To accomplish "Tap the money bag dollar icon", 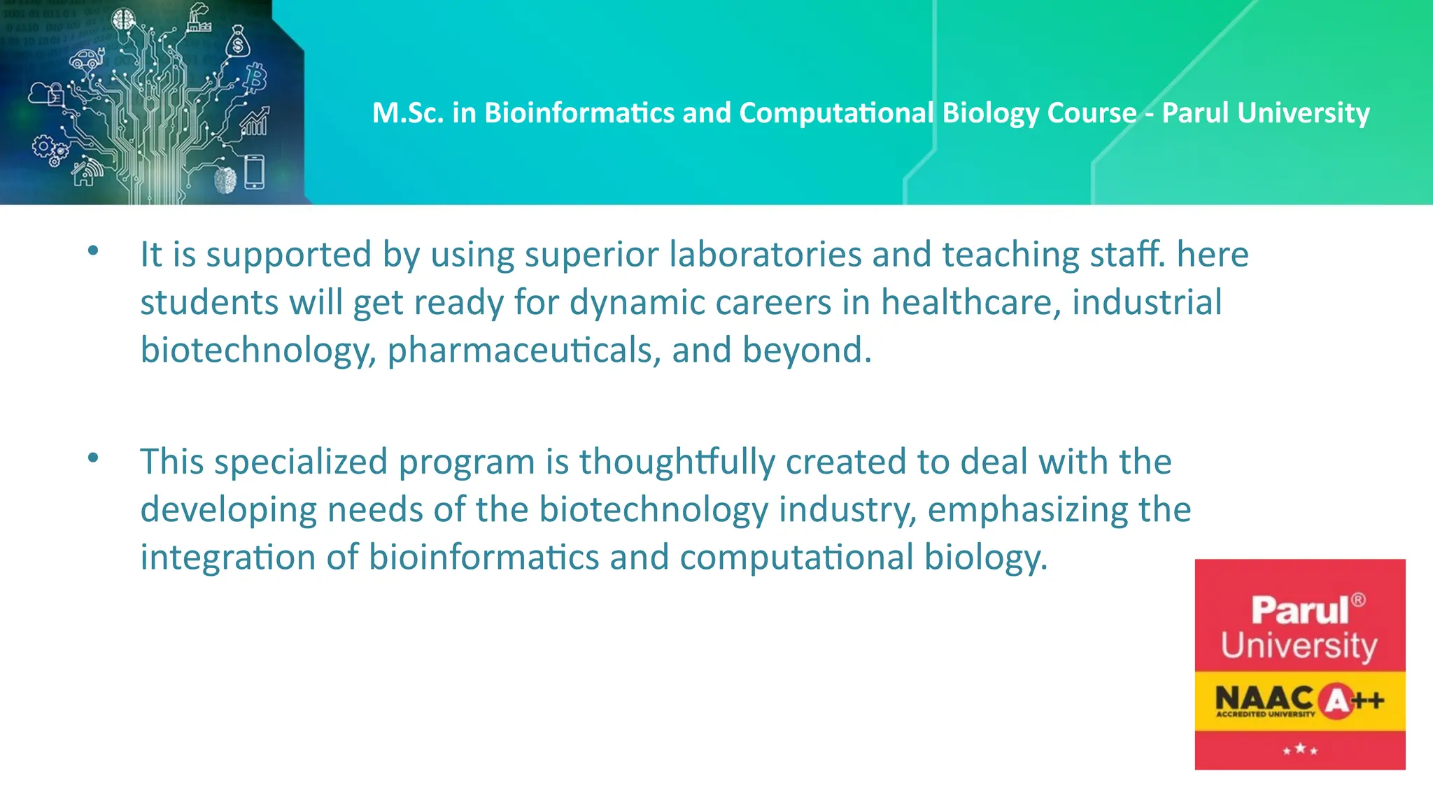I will pyautogui.click(x=238, y=43).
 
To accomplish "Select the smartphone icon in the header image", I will pyautogui.click(x=254, y=172).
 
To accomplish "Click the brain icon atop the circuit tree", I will pyautogui.click(x=125, y=20).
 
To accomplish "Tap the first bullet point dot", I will pyautogui.click(x=93, y=250).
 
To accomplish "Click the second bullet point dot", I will pyautogui.click(x=93, y=458).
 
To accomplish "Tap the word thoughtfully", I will pyautogui.click(x=677, y=462).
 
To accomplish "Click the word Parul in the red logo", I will pyautogui.click(x=1299, y=610).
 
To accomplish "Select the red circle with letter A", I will pyautogui.click(x=1336, y=700).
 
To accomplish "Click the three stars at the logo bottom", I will pyautogui.click(x=1299, y=749).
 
